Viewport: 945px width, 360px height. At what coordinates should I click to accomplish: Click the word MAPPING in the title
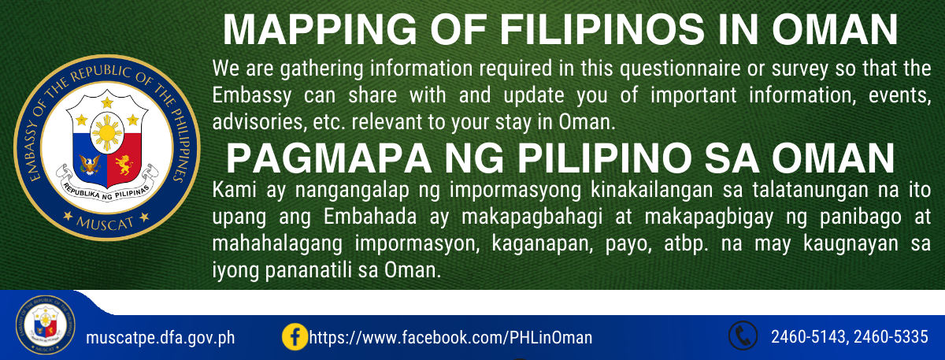320,30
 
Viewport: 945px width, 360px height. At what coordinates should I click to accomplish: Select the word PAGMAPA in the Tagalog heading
328,158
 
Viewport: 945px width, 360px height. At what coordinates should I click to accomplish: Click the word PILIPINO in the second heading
605,158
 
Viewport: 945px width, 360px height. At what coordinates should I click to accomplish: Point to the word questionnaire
680,69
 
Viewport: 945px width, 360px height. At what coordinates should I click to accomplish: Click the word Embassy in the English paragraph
251,96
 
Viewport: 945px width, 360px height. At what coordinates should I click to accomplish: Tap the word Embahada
370,217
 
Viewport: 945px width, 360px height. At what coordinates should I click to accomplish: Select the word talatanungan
809,191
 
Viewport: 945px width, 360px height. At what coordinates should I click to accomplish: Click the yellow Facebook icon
295,337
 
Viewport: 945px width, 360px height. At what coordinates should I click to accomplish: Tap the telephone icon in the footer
743,336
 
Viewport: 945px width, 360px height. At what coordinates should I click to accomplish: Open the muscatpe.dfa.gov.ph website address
161,338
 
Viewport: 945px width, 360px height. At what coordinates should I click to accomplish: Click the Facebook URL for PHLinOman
450,338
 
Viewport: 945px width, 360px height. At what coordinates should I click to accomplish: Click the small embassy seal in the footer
46,325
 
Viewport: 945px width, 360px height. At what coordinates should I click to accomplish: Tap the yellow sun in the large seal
107,133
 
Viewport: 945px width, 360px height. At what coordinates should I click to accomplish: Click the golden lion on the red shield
124,165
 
